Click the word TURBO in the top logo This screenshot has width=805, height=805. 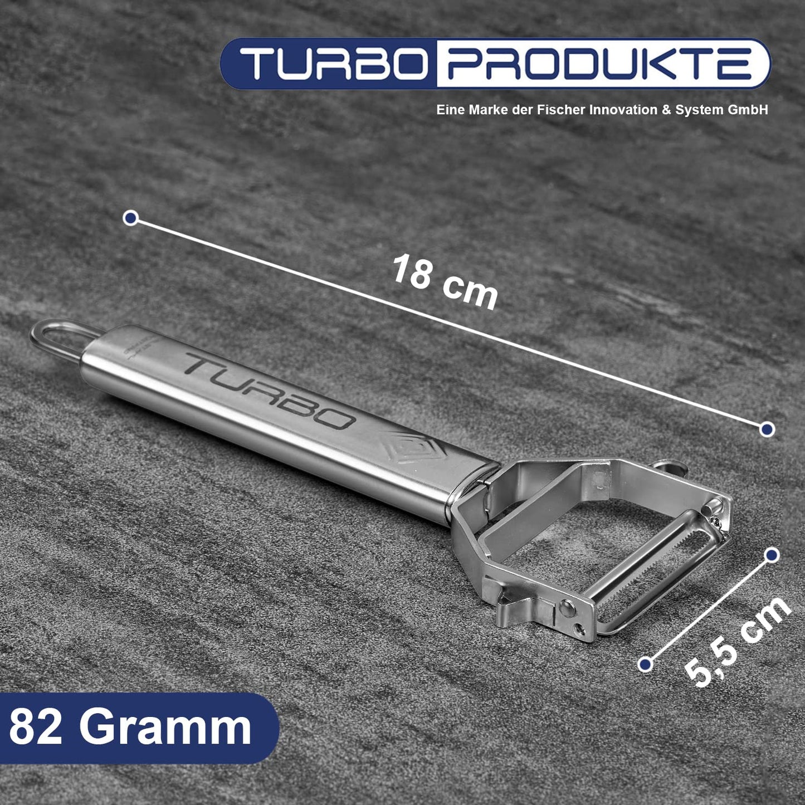click(x=333, y=64)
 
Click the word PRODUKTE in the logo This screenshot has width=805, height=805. click(x=601, y=64)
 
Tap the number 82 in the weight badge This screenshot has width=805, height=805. click(x=35, y=728)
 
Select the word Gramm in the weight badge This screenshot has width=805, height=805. click(x=165, y=728)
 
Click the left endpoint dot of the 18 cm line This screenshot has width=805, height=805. click(x=131, y=218)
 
